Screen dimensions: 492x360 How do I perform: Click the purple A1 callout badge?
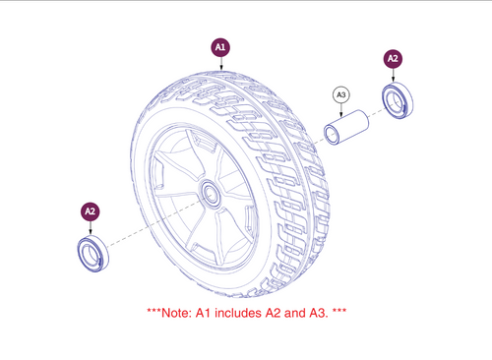(220, 45)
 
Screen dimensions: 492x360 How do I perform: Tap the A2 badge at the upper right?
(393, 59)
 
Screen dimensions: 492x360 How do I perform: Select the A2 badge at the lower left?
(90, 210)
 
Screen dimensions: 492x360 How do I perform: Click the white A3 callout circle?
(342, 94)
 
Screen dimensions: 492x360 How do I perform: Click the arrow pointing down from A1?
(220, 65)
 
